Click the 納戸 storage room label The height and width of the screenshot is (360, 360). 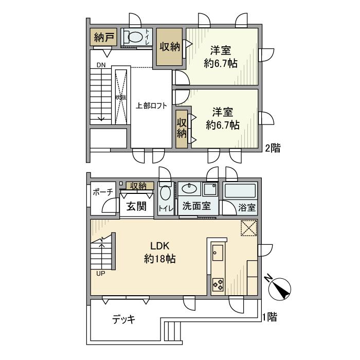[104, 38]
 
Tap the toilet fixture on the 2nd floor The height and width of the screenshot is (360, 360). [135, 37]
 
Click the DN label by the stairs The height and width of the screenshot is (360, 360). [101, 65]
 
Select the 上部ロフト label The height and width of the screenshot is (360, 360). [151, 106]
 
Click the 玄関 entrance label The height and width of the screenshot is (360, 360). [137, 206]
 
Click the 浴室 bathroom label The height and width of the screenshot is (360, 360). [246, 208]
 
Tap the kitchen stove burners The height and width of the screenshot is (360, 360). [217, 284]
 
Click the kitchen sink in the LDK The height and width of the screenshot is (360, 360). [217, 253]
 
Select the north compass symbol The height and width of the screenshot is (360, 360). [280, 287]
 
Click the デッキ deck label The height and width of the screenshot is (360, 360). [123, 320]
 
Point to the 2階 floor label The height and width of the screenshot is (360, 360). [273, 149]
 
